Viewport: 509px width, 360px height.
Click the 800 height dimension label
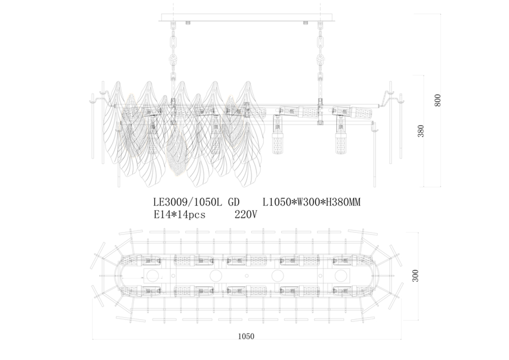[438, 100]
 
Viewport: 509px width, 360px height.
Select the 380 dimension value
[421, 131]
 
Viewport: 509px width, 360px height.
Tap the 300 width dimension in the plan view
[415, 275]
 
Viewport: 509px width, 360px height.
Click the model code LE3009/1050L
[187, 203]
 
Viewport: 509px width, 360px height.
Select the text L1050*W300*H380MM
[311, 203]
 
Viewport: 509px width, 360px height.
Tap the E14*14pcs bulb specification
[179, 214]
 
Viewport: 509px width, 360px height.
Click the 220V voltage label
[245, 214]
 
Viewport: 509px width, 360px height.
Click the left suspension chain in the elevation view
[172, 51]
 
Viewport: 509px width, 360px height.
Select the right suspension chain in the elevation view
[320, 51]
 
